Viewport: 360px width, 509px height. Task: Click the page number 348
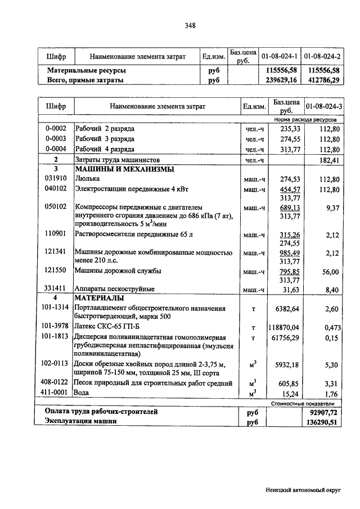(190, 25)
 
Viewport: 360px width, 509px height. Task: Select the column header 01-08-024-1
(280, 57)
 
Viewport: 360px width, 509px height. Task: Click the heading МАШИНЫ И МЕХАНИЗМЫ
(124, 169)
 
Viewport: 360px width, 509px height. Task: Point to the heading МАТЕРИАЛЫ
(99, 298)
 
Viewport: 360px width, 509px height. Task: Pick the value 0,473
(330, 327)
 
